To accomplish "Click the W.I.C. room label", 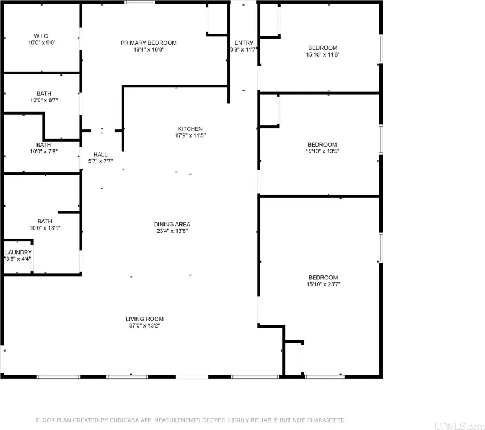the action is [x=41, y=36].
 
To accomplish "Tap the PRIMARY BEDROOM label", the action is [x=148, y=43].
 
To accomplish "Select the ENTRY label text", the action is [x=244, y=43].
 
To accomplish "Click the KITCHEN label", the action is [x=190, y=129].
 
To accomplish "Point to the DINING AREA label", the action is [x=172, y=225].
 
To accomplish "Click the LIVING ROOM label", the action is [x=144, y=319].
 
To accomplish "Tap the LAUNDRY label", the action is [x=18, y=253].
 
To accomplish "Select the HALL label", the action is [x=100, y=155].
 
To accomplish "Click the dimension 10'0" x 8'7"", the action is [x=44, y=100].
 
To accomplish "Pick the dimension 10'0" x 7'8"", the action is [x=44, y=152].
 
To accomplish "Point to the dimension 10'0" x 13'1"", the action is [x=45, y=228].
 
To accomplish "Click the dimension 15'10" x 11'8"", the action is [x=323, y=54].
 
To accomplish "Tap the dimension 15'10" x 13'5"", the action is [x=322, y=151].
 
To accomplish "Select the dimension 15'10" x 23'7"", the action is [x=323, y=284].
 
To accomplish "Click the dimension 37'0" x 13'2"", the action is [x=144, y=325].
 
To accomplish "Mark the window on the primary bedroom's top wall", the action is [x=139, y=2].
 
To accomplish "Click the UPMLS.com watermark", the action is [x=459, y=426].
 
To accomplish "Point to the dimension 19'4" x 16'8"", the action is [x=148, y=49].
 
